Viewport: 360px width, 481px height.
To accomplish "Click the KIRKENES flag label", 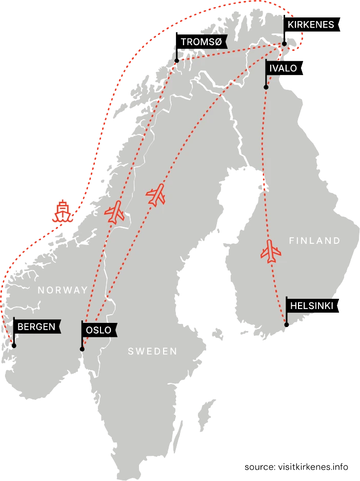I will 311,25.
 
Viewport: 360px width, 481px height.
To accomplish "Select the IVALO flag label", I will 283,68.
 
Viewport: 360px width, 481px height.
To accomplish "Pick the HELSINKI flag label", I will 311,306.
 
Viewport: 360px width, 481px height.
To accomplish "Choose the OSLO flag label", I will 99,330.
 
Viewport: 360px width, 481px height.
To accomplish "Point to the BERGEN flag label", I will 36,326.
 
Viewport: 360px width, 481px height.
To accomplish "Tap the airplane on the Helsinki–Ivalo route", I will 271,251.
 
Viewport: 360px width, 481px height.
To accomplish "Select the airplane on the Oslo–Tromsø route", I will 115,211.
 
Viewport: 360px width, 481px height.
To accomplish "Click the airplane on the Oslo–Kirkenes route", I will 156,195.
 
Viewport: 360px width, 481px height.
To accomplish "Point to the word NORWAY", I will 63,290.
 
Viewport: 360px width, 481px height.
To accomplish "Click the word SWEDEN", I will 152,351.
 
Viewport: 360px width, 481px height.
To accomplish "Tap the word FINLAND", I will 314,240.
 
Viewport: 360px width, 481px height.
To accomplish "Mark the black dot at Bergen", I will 14,345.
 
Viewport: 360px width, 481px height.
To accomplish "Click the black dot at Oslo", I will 82,350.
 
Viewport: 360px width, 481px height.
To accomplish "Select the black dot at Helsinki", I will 286,325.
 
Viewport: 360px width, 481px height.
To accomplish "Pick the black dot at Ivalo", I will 266,87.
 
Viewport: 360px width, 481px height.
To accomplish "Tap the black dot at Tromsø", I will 176,61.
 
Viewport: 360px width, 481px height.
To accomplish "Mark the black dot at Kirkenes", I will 284,44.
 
